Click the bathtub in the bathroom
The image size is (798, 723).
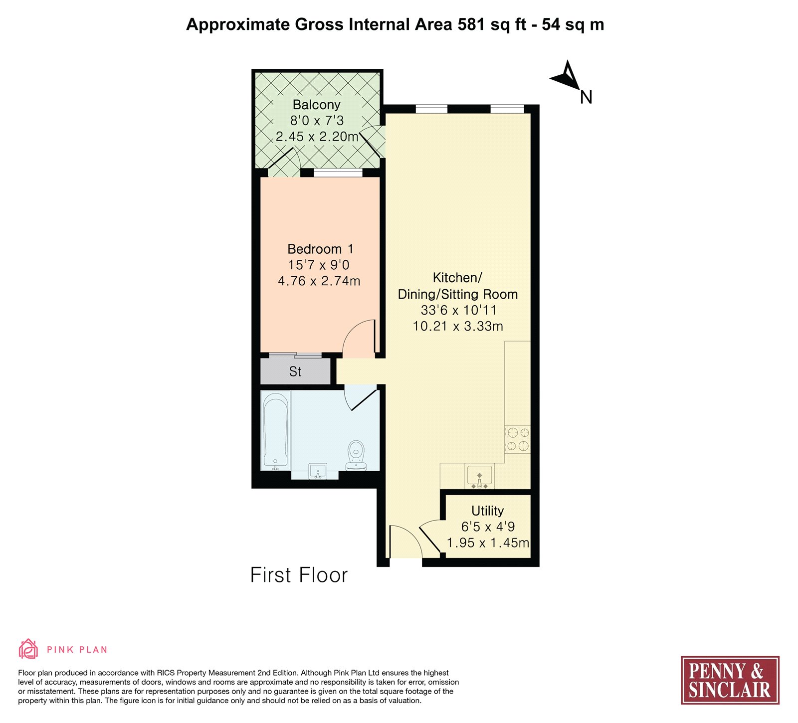tap(275, 431)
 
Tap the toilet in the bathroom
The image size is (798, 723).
tap(356, 455)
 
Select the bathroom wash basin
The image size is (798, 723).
tap(317, 471)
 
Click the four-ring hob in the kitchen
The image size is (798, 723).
tap(518, 439)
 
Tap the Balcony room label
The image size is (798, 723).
tap(316, 105)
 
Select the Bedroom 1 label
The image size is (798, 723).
tap(320, 249)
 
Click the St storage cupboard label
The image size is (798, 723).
tap(295, 371)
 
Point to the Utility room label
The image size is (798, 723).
tap(487, 511)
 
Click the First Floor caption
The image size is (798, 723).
tap(299, 575)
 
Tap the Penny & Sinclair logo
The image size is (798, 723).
tap(730, 680)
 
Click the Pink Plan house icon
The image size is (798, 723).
tap(28, 649)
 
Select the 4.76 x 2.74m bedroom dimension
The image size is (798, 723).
tap(319, 281)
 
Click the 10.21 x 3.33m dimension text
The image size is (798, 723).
tap(458, 327)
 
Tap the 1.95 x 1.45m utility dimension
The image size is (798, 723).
tap(488, 543)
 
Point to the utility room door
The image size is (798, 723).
tap(430, 538)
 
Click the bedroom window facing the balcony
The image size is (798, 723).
tap(338, 173)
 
